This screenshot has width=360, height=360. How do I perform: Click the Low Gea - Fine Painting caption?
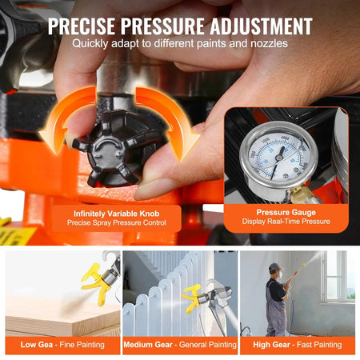(x=61, y=346)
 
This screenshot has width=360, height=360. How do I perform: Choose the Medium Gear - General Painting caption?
(x=179, y=346)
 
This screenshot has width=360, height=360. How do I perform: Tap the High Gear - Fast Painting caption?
(x=297, y=346)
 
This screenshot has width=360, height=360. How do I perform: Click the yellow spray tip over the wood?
(x=96, y=280)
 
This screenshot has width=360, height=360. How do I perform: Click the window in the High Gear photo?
(x=337, y=276)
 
